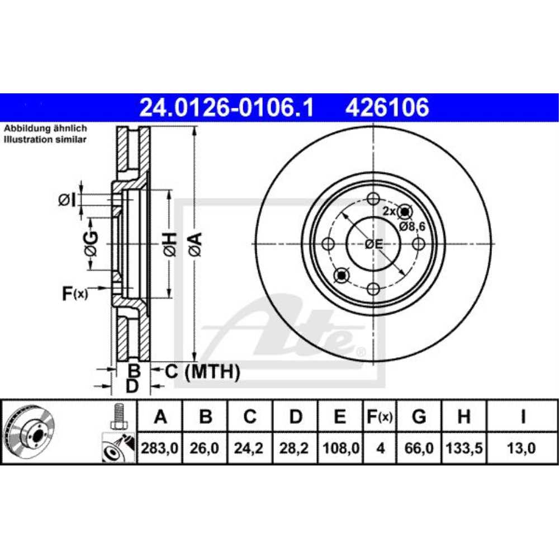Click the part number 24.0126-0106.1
[226, 107]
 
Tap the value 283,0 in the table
[160, 448]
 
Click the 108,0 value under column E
[340, 448]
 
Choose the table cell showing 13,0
[522, 448]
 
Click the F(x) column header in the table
[380, 417]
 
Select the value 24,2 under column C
[250, 448]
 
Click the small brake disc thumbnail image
[29, 432]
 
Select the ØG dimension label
[91, 244]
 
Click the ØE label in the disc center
[373, 244]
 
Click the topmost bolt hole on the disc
[373, 199]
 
